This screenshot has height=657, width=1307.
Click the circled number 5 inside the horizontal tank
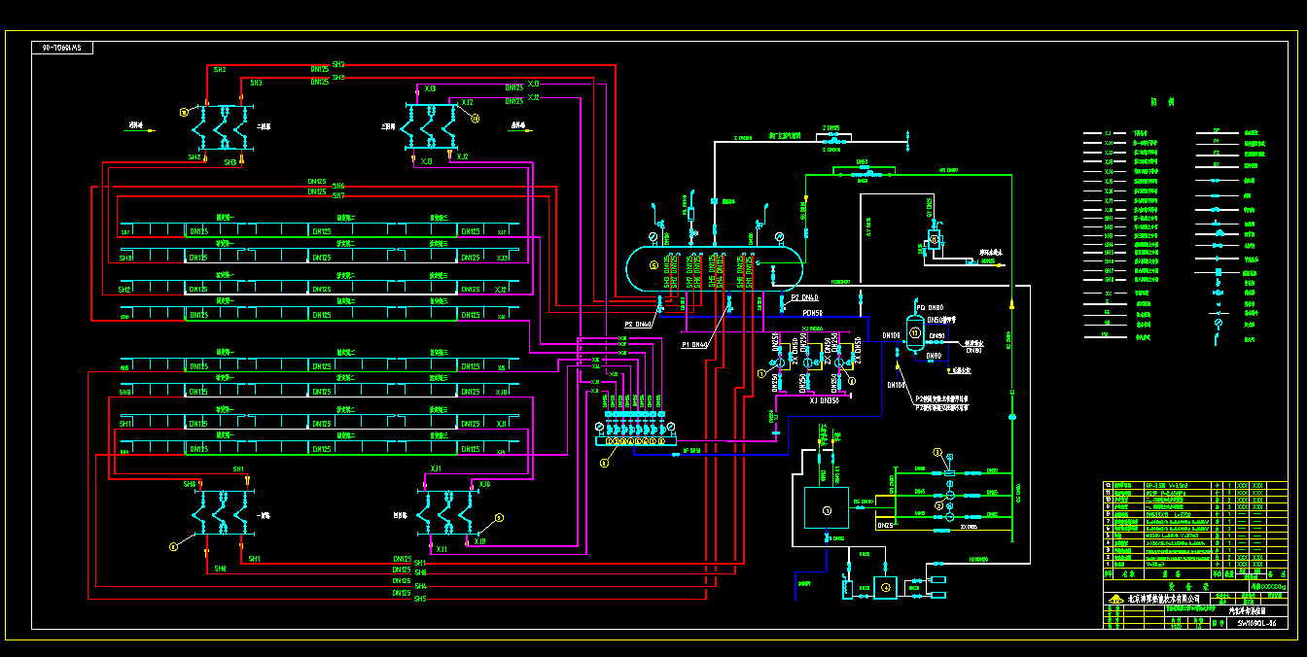click(653, 264)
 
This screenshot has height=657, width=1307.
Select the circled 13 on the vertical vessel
click(914, 332)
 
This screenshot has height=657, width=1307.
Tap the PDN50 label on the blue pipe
click(812, 313)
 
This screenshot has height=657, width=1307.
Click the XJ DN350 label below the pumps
click(824, 400)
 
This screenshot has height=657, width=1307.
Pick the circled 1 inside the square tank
click(827, 509)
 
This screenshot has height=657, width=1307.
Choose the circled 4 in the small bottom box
click(885, 587)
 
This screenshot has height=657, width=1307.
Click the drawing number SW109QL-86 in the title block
click(1256, 623)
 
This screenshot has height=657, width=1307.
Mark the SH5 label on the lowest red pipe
click(420, 599)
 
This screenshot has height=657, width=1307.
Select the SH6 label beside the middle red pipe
click(337, 185)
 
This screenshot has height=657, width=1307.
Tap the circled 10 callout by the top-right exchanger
click(476, 119)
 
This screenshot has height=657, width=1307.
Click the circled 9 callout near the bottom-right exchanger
click(499, 518)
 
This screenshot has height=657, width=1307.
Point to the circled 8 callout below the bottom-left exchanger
click(173, 547)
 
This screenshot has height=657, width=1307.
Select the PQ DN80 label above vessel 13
click(930, 307)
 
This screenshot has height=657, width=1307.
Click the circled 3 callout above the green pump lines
click(937, 452)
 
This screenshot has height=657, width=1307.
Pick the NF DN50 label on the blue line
click(691, 450)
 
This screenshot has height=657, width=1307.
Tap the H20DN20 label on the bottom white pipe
click(977, 560)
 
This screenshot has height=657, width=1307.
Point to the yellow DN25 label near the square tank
click(885, 526)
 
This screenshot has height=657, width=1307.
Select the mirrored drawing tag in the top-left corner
click(61, 47)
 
